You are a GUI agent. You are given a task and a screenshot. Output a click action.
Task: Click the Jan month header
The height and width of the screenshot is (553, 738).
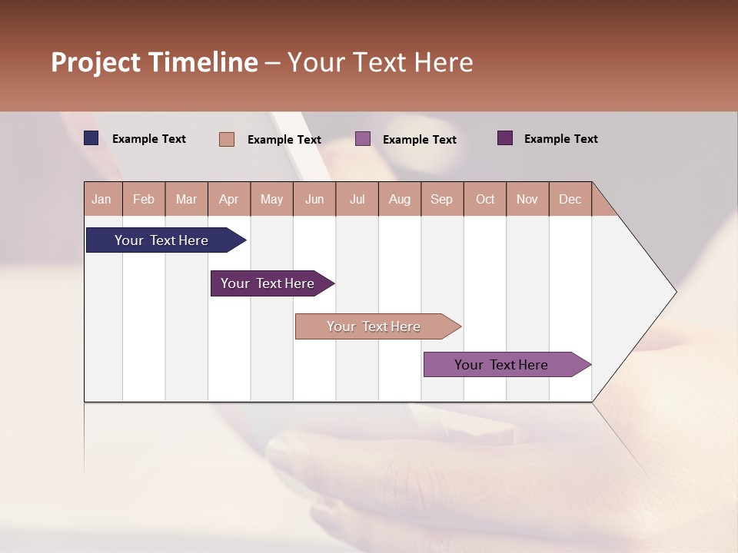tap(101, 199)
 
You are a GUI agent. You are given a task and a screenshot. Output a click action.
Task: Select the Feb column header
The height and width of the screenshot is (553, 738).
tap(144, 199)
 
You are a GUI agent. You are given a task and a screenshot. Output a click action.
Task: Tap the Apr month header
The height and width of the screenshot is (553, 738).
tap(228, 199)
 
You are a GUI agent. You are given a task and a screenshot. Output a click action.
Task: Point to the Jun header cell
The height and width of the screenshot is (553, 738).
tap(314, 199)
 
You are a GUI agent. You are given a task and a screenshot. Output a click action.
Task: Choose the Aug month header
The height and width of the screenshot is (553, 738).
tap(399, 199)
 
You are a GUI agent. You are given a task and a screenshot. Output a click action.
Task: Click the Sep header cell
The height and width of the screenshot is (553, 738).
tap(441, 199)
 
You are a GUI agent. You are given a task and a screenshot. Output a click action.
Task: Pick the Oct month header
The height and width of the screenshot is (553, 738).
tap(485, 199)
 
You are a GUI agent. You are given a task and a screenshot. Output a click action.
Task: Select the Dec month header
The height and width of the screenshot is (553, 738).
tap(570, 199)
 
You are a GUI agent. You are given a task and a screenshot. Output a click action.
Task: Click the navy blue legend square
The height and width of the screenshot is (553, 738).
tap(91, 138)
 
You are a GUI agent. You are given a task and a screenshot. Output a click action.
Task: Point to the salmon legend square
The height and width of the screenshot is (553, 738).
tap(227, 139)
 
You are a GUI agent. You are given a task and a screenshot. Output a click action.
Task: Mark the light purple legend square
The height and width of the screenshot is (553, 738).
tap(363, 139)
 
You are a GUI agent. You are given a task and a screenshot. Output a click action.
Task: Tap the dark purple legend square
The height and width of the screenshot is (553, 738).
tap(505, 138)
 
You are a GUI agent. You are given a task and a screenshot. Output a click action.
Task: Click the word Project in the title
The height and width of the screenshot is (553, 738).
tap(96, 62)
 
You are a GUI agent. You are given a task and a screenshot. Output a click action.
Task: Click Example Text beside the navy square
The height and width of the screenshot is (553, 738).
tap(149, 139)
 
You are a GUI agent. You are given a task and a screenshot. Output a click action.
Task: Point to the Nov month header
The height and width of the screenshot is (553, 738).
tap(527, 199)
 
